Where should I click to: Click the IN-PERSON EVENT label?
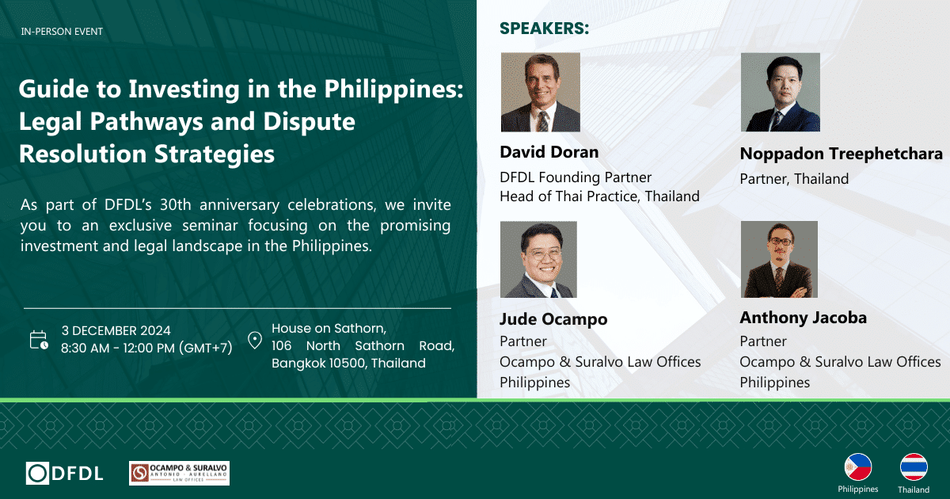[x=62, y=32]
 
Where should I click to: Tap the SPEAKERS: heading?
[x=544, y=29]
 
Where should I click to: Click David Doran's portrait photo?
[x=540, y=92]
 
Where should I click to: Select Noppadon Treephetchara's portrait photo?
[x=781, y=92]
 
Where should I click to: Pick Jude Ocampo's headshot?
[x=538, y=259]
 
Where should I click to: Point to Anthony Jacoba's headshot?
[x=779, y=259]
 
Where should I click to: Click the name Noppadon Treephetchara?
[x=842, y=154]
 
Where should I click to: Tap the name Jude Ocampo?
[x=553, y=319]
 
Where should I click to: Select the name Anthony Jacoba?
[x=804, y=318]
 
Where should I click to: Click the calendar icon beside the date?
[x=39, y=340]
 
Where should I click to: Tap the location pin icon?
[x=255, y=341]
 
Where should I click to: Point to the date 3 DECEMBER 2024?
[x=116, y=330]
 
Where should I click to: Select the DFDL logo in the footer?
[x=64, y=473]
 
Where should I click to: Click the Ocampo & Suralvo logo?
[x=179, y=473]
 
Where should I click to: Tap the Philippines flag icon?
[x=858, y=467]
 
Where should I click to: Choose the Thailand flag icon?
[x=914, y=467]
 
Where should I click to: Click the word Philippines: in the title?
[x=393, y=90]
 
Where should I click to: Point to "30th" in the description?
[x=176, y=205]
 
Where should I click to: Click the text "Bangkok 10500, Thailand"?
[x=348, y=364]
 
